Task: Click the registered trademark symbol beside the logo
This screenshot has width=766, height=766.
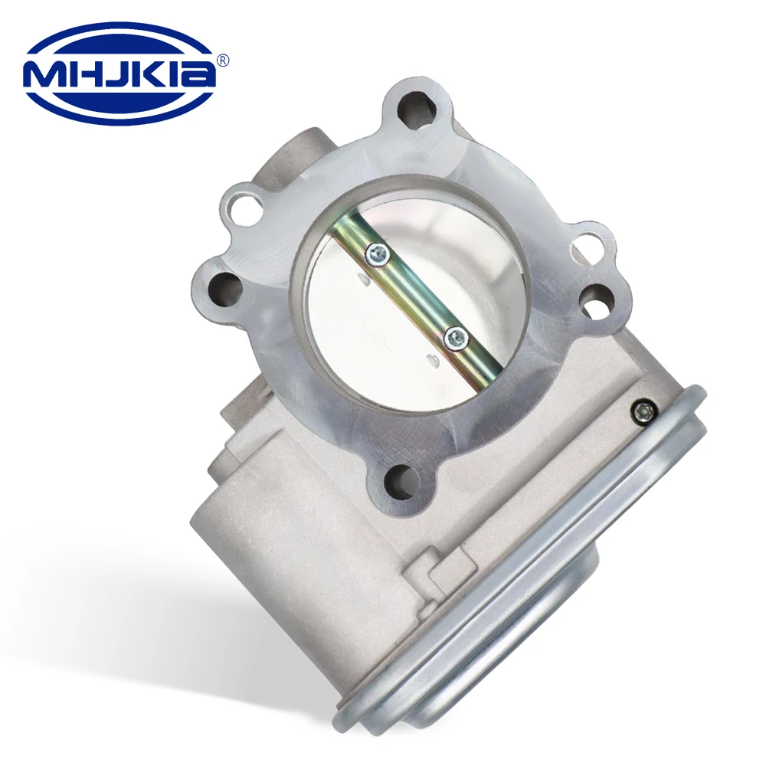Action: [x=224, y=59]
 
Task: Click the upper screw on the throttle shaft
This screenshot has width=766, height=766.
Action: [x=376, y=254]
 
